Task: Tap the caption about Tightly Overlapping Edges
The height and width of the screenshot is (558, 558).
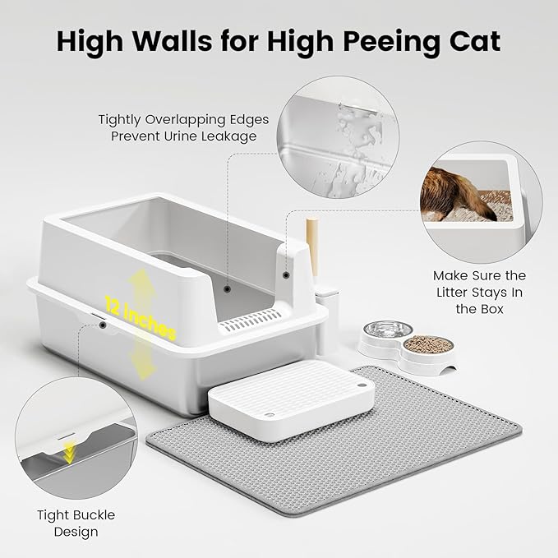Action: point(184,127)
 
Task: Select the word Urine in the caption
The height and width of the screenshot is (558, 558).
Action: point(185,136)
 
